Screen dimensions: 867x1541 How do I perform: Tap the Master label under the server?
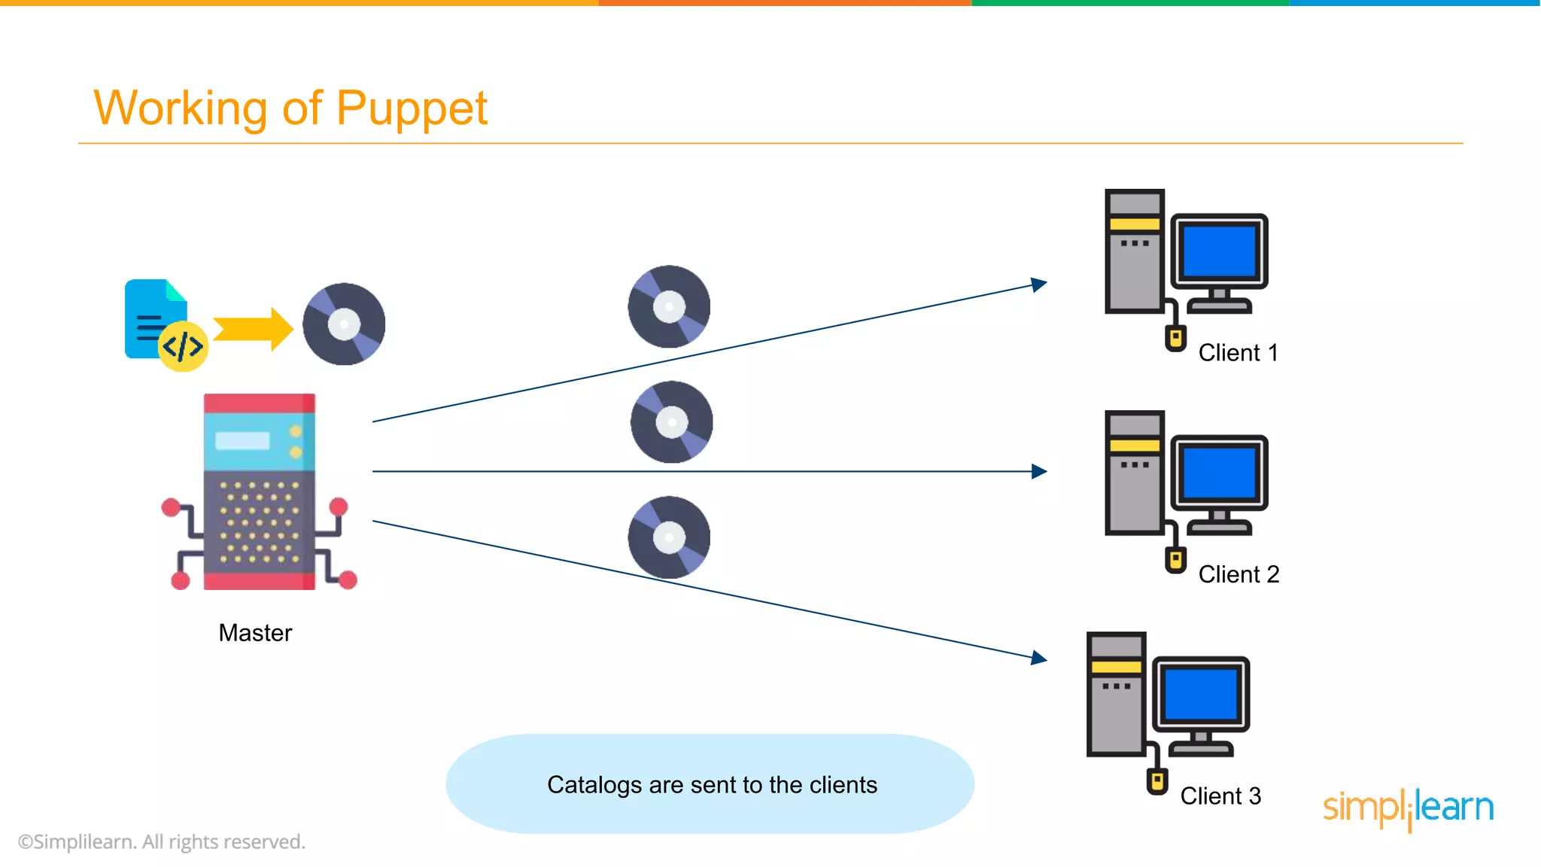(255, 633)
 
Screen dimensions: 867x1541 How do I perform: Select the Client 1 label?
(1238, 353)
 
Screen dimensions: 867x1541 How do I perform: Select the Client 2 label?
(1239, 574)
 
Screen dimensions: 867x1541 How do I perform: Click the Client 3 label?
(1220, 796)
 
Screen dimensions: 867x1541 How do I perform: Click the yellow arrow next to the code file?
(253, 329)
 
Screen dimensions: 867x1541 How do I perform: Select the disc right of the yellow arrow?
(344, 324)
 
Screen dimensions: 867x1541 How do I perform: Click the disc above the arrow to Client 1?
(669, 306)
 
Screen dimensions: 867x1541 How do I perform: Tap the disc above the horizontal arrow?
(671, 421)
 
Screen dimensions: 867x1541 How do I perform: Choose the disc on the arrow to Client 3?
(669, 537)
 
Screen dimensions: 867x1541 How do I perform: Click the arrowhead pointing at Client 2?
(1039, 471)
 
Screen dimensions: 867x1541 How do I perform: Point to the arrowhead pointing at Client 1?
(1039, 284)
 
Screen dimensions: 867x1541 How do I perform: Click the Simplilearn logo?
(1408, 808)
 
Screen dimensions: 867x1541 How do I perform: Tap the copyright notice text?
(162, 841)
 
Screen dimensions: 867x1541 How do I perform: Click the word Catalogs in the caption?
(594, 785)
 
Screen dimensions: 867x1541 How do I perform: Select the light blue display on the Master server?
(242, 440)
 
